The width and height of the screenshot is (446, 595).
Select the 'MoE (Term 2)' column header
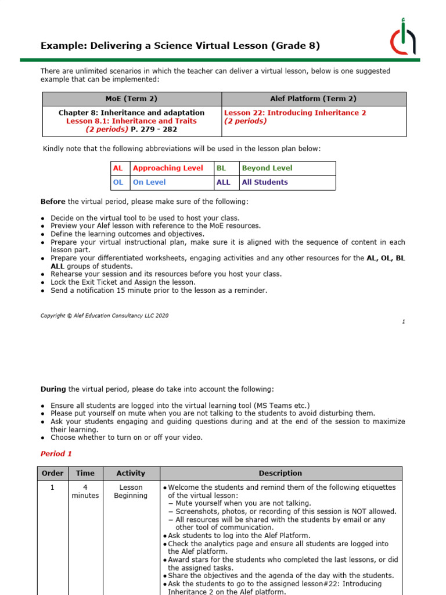[131, 99]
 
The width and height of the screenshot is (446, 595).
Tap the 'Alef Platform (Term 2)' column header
[314, 99]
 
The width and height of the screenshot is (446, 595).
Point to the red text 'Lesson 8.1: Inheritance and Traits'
[131, 121]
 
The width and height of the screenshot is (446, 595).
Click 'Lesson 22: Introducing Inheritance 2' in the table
[295, 113]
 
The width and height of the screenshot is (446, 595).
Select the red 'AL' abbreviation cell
[118, 168]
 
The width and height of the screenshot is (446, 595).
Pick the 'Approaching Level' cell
[168, 168]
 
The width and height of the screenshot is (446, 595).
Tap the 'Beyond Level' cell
[267, 168]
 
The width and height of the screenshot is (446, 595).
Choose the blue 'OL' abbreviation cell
[118, 182]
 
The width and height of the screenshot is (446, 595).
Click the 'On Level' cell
[149, 182]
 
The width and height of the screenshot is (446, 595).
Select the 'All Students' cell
[265, 182]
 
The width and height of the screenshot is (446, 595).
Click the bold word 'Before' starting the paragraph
[53, 202]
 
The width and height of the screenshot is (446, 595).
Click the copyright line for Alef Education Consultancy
[105, 316]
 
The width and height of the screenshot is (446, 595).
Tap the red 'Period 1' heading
[56, 453]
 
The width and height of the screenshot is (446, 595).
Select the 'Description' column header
[280, 473]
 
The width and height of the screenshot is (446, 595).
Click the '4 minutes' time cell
[85, 492]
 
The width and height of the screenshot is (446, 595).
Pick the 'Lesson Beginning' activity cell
[131, 492]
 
